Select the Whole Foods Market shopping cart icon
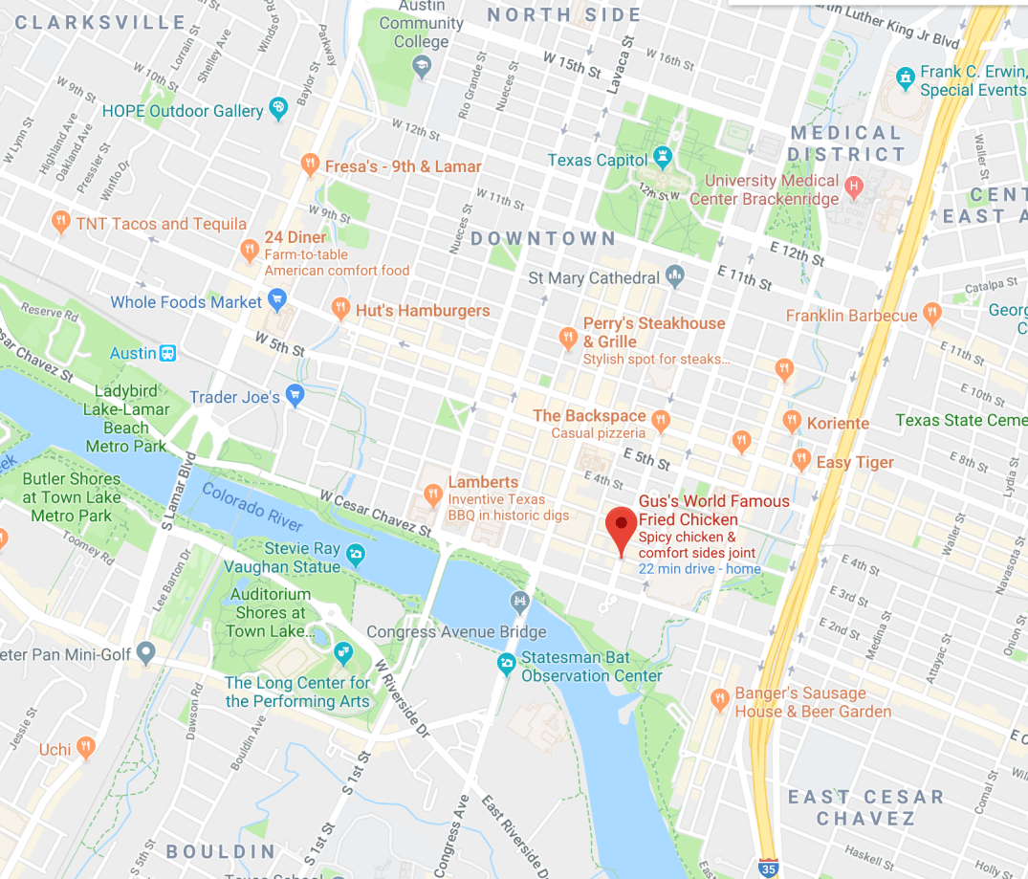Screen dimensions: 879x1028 [278, 303]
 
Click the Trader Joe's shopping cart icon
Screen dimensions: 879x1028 [295, 396]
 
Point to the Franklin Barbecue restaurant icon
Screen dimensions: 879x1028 [932, 315]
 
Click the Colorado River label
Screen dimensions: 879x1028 [252, 507]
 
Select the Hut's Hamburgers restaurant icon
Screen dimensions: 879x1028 [339, 310]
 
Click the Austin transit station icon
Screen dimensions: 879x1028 [168, 353]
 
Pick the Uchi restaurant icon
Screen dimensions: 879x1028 [86, 747]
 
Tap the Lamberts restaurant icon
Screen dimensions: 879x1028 [432, 494]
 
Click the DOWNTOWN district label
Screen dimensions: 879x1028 [543, 238]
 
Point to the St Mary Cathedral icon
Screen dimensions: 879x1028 [675, 276]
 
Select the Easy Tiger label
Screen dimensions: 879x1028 [855, 462]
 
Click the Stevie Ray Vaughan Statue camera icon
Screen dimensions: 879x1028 [356, 554]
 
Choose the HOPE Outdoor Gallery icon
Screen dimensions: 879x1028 [278, 109]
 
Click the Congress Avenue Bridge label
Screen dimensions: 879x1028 [456, 631]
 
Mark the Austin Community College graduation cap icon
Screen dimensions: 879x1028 [421, 66]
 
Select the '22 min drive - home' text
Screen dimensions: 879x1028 [699, 569]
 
